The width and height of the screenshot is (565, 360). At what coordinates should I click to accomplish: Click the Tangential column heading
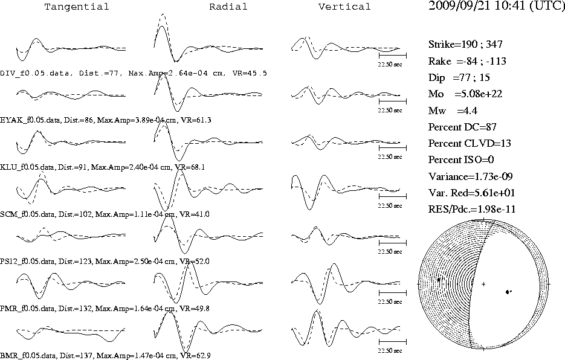(76, 7)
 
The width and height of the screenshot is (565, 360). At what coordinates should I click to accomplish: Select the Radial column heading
(228, 7)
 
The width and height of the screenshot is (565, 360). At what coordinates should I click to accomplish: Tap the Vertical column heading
(344, 7)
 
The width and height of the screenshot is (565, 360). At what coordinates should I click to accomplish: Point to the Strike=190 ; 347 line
(465, 44)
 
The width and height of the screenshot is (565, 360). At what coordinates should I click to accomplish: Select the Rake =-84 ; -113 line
(467, 61)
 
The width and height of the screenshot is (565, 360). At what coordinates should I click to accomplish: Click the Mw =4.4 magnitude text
(453, 111)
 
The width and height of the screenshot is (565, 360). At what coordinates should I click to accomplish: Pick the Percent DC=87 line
(462, 127)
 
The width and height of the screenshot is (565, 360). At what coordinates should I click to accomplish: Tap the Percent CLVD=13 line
(470, 143)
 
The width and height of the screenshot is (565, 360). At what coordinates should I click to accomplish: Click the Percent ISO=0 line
(461, 159)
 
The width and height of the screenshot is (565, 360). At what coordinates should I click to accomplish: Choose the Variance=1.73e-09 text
(470, 176)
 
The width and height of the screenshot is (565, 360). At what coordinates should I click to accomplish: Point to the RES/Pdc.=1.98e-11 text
(472, 210)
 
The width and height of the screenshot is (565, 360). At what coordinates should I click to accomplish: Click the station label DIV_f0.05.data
(34, 73)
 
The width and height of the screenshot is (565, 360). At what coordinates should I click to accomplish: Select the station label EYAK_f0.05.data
(30, 120)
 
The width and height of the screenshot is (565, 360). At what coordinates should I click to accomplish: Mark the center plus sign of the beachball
(483, 284)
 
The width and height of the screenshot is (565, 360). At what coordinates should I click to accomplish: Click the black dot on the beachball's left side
(439, 280)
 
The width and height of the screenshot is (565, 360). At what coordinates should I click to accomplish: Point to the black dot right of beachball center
(508, 292)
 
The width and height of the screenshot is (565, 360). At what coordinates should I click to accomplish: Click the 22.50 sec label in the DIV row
(390, 65)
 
